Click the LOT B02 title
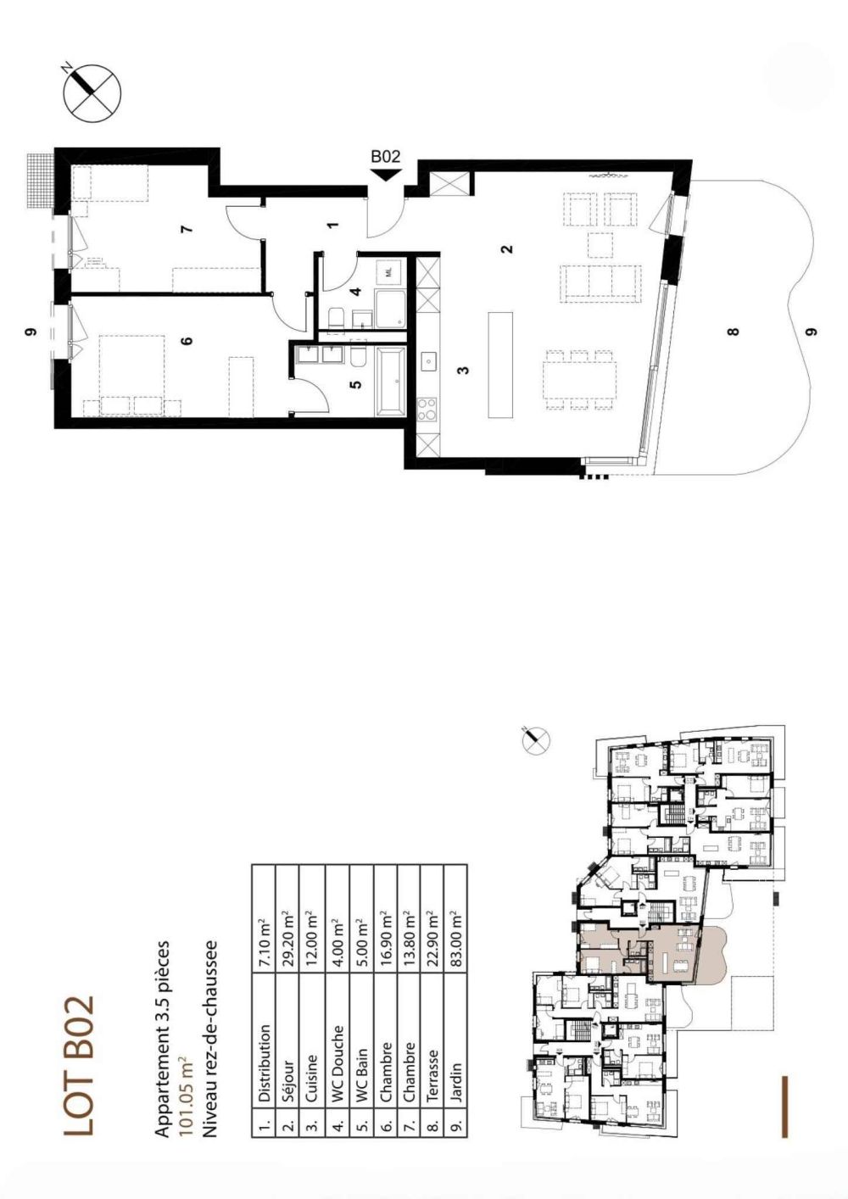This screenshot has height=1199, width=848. pyautogui.click(x=79, y=1066)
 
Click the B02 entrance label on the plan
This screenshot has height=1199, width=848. pyautogui.click(x=385, y=156)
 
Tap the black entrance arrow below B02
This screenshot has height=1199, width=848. pyautogui.click(x=386, y=175)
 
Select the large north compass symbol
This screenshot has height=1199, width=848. pyautogui.click(x=92, y=91)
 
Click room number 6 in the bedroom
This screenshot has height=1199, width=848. pyautogui.click(x=187, y=341)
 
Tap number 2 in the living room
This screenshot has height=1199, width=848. pyautogui.click(x=506, y=249)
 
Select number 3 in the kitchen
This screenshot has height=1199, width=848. pyautogui.click(x=462, y=370)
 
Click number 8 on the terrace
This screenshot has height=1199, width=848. pyautogui.click(x=734, y=332)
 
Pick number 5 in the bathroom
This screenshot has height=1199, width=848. pyautogui.click(x=356, y=383)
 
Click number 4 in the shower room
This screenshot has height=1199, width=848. pyautogui.click(x=356, y=292)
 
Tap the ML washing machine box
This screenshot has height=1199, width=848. pyautogui.click(x=388, y=272)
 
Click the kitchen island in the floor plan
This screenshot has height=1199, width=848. pyautogui.click(x=500, y=365)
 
